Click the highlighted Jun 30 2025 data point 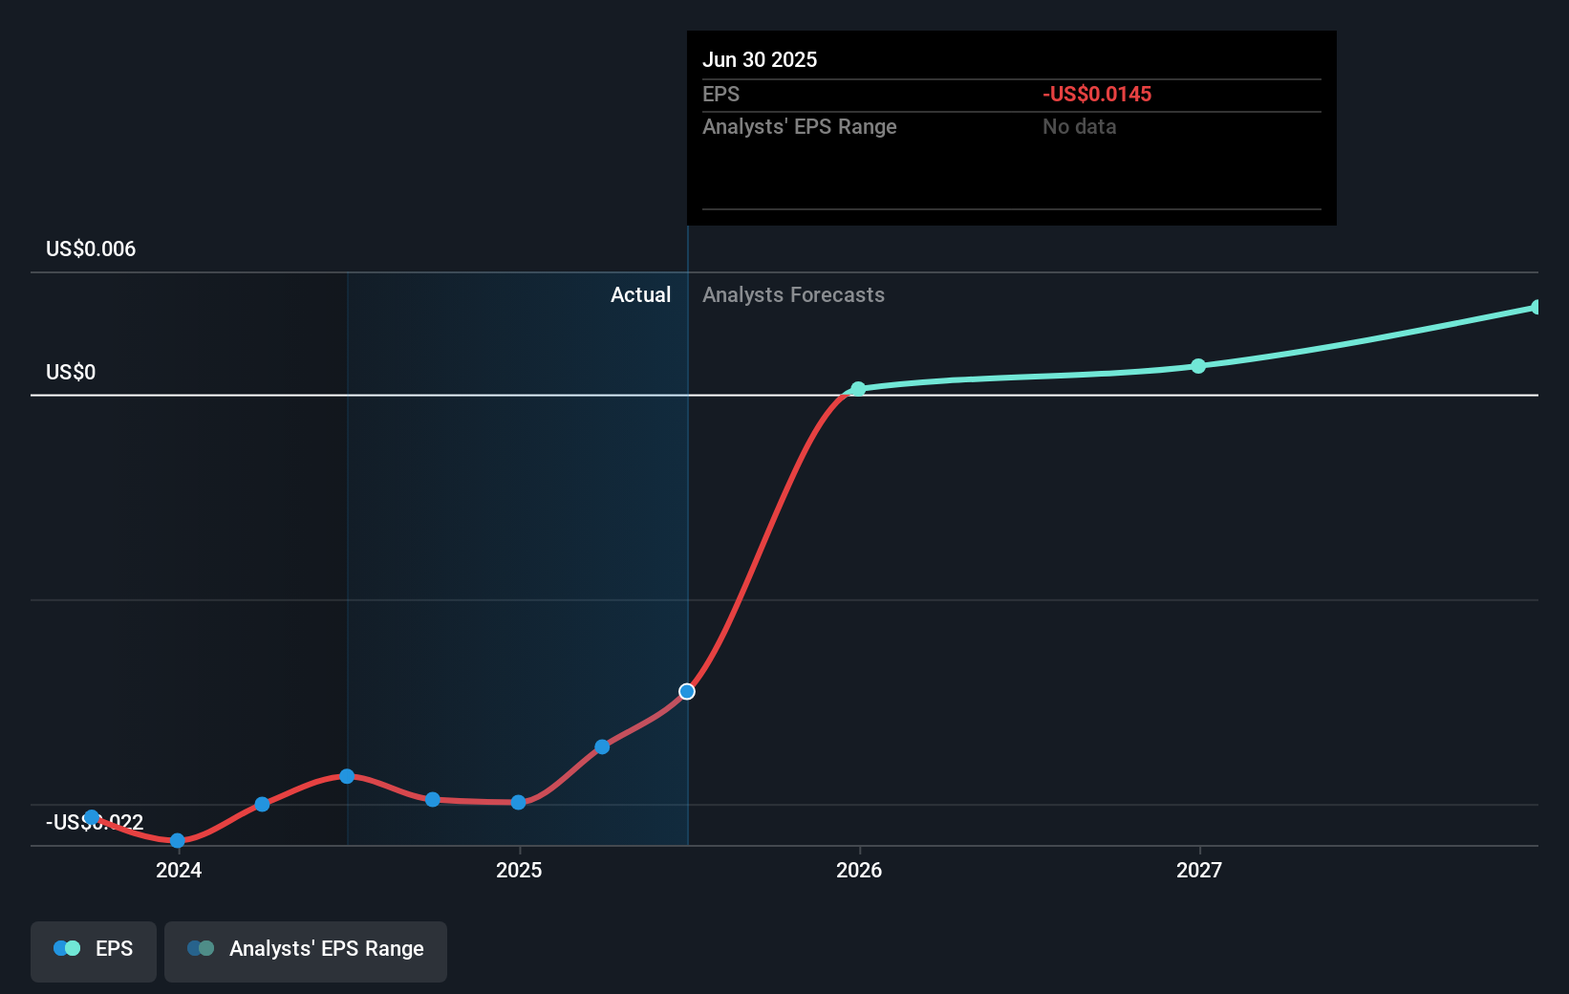687,691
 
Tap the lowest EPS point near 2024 177,840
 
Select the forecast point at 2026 858,389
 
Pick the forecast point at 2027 1198,366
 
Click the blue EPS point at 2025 518,802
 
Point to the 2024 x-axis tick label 179,870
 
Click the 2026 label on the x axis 859,870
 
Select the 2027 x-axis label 1199,870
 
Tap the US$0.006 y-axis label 91,249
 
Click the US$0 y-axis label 71,372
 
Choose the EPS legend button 94,948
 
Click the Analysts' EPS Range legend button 306,948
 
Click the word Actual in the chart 640,294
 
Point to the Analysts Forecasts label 793,294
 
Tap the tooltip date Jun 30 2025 760,59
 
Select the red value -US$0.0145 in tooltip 1097,94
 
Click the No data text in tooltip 1079,126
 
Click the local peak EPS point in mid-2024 347,776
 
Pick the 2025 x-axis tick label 519,870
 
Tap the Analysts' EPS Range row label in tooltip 799,126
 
